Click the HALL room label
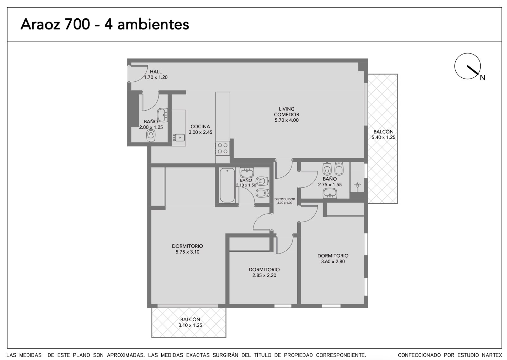coord(156,72)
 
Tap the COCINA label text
coord(200,126)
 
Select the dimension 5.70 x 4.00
coord(286,120)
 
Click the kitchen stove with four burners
coord(222,148)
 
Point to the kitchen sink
coord(179,138)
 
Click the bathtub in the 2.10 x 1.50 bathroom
coord(227,185)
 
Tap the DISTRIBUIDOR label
coord(285,199)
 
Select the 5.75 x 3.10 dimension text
coord(187,252)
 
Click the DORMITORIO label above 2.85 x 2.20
coord(264,269)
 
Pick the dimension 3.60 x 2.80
coord(333,261)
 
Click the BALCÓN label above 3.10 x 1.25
coord(190,319)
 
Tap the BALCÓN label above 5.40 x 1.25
coord(383,132)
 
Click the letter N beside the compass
coord(483,78)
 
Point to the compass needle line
coord(472,70)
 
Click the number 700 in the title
coord(77,24)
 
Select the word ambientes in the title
coord(153,24)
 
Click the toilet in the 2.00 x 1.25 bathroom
coord(151,135)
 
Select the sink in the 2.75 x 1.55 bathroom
coord(330,193)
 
